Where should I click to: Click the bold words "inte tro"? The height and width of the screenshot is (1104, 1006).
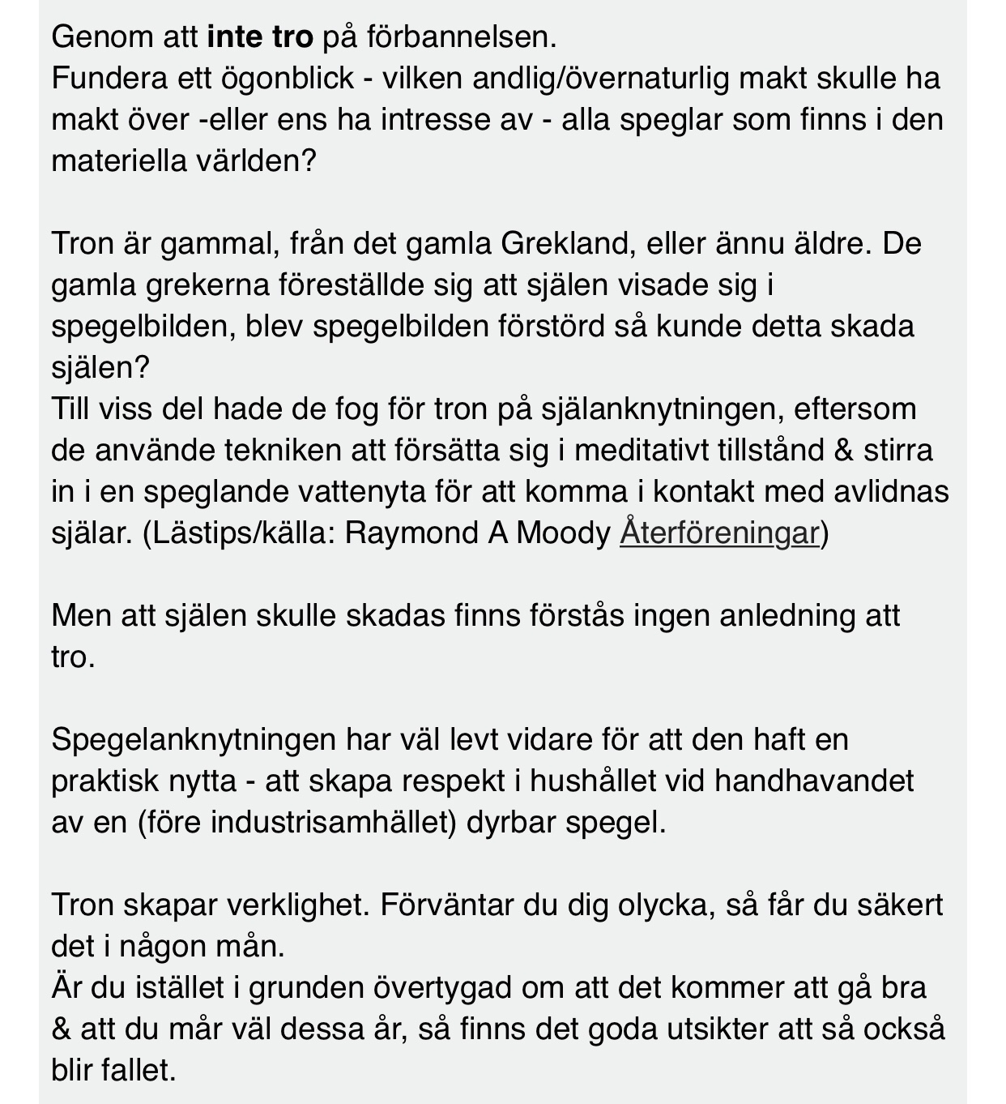tap(260, 36)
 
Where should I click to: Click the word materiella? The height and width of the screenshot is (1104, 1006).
tap(118, 160)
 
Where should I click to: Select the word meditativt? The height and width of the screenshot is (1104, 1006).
tap(642, 450)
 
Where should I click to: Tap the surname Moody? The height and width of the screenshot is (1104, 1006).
tap(563, 533)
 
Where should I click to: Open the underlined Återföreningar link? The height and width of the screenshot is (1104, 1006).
tap(719, 533)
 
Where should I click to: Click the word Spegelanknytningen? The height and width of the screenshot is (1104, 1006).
tap(194, 739)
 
